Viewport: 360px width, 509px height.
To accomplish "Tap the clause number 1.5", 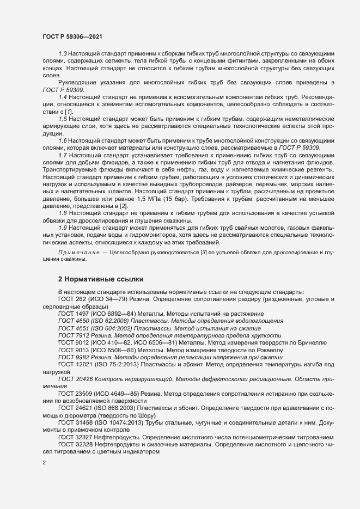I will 62,118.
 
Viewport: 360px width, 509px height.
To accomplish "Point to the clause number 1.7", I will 62,155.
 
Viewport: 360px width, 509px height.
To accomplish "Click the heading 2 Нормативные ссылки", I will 101,279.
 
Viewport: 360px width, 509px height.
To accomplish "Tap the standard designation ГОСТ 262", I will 71,300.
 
